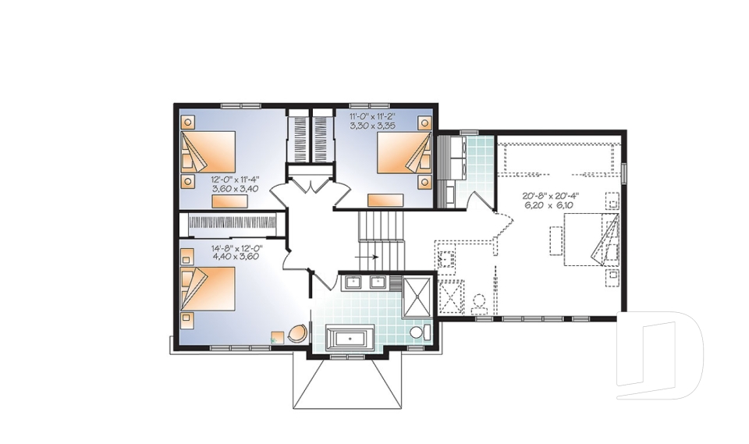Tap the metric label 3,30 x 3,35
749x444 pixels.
coord(374,125)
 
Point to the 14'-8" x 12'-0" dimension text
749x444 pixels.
coord(236,248)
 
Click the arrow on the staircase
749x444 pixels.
coord(367,255)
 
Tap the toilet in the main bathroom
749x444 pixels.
coord(417,333)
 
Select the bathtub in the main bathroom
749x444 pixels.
coord(349,338)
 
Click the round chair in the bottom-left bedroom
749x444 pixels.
coord(297,333)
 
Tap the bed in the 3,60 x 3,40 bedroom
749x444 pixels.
coord(210,152)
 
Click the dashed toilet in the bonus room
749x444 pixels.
coord(479,301)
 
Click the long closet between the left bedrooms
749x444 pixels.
coord(233,222)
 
